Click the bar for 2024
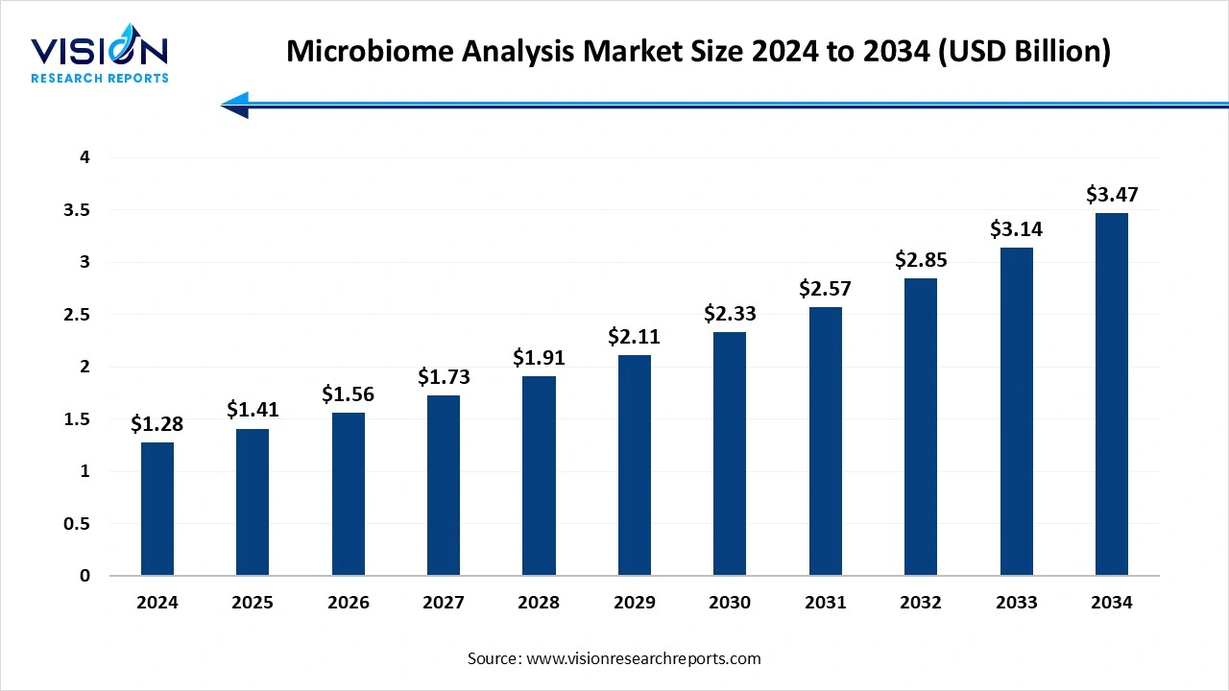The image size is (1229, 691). point(157,509)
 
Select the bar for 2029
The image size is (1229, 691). point(635,465)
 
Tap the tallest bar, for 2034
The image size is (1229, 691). point(1112,394)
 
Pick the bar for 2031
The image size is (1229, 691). point(826,441)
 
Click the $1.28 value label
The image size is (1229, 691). point(157,423)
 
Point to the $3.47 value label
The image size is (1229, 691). point(1112,194)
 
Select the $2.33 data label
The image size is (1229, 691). point(730,313)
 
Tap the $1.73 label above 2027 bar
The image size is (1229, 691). point(444,377)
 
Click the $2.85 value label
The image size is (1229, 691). point(921,259)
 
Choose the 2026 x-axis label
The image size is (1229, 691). point(348,603)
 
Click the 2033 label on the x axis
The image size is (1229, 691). point(1016,603)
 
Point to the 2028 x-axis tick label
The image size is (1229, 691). point(539,603)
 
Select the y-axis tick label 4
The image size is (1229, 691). point(84,157)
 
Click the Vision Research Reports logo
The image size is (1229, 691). point(99,57)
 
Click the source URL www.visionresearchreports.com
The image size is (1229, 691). point(644,658)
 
